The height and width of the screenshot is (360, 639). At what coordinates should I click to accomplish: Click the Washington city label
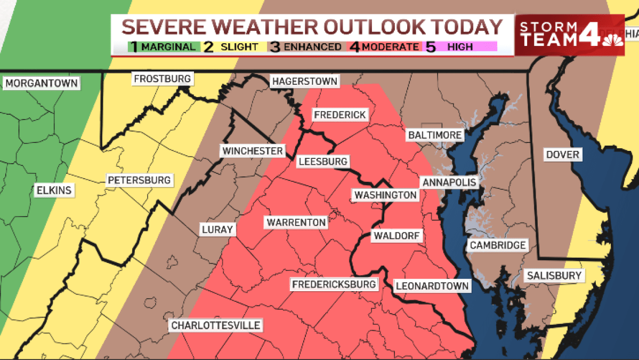click(x=386, y=195)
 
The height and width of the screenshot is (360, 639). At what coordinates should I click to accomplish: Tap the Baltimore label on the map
click(x=434, y=135)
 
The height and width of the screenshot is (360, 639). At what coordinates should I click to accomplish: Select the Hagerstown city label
click(x=304, y=82)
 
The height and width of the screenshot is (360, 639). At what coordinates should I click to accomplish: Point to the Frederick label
click(x=339, y=115)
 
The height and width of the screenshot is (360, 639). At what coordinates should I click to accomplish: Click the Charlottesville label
click(x=215, y=325)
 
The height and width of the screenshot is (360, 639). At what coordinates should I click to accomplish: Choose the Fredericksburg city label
click(x=334, y=284)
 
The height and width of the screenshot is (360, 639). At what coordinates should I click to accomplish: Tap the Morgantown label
click(x=42, y=84)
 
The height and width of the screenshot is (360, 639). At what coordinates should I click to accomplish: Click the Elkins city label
click(x=53, y=190)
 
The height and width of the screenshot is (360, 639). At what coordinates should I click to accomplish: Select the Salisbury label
click(x=553, y=276)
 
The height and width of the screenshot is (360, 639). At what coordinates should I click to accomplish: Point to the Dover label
click(x=562, y=155)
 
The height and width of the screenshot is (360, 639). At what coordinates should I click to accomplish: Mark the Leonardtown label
click(x=432, y=286)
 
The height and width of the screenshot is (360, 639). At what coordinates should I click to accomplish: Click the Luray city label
click(x=217, y=230)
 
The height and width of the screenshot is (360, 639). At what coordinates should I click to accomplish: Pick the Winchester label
click(x=253, y=151)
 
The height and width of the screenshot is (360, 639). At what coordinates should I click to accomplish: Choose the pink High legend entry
click(x=459, y=47)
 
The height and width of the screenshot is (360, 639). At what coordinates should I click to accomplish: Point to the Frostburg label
click(x=162, y=79)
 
